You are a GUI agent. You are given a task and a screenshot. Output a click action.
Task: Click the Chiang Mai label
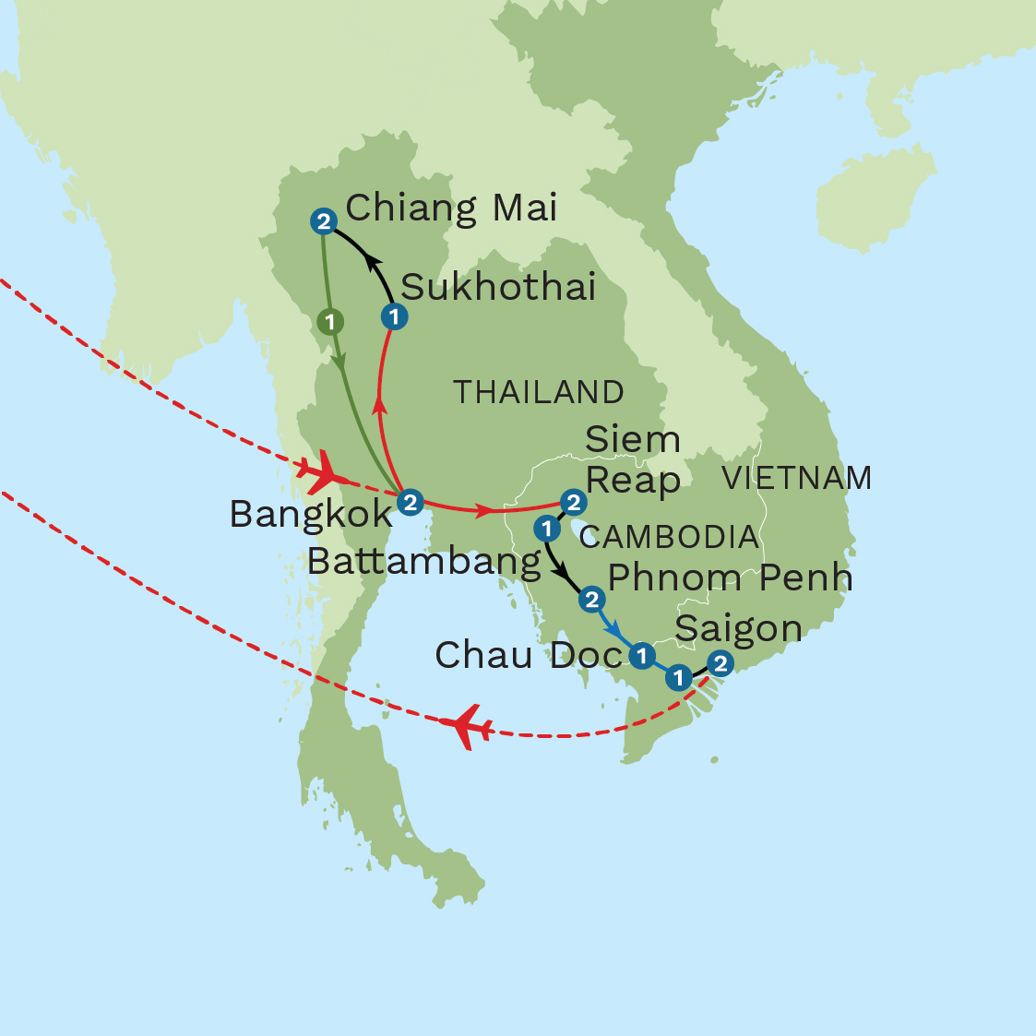point(451,208)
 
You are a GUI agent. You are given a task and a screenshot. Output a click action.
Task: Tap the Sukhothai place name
point(498,288)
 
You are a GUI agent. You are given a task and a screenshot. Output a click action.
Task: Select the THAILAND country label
point(538,392)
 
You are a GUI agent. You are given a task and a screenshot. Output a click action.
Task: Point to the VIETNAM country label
point(796,478)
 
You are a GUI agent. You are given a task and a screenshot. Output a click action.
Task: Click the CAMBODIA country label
point(669,537)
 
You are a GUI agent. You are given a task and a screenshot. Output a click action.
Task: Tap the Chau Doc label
point(528,655)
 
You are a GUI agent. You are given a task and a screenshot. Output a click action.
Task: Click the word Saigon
point(738,629)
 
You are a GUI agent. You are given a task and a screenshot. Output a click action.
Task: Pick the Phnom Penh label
point(730,578)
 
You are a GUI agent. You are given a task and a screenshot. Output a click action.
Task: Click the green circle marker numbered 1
point(330,322)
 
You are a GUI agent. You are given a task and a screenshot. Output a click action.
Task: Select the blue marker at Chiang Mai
point(324,221)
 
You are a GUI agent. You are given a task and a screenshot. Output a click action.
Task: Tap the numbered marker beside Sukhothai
point(394,317)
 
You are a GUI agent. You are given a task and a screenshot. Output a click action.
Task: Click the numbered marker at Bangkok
point(411,502)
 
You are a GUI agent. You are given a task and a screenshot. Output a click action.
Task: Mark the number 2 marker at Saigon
point(720,663)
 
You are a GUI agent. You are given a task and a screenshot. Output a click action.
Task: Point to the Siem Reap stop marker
point(574,502)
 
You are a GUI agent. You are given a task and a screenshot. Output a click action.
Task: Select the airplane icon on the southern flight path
point(466,726)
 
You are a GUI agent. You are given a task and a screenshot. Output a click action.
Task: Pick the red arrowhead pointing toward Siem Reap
point(483,509)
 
